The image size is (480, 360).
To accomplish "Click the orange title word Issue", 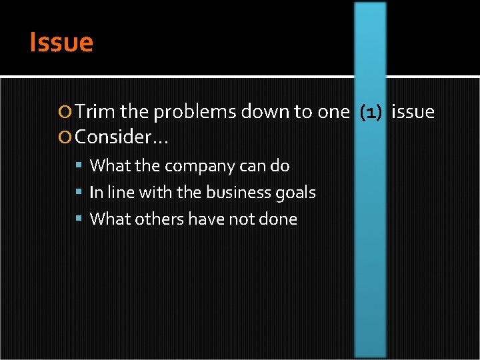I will click(61, 43).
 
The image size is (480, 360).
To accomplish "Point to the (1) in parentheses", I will click(371, 112).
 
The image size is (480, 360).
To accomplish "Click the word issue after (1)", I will click(413, 112).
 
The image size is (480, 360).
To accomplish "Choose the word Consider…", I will click(121, 138).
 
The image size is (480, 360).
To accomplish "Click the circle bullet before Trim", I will click(64, 113).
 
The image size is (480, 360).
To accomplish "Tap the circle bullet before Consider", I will click(64, 139).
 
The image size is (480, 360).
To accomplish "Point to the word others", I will click(161, 219).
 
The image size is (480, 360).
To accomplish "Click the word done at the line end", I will click(281, 219).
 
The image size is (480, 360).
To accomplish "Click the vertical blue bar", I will click(370, 267).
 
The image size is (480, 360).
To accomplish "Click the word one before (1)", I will click(333, 112).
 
